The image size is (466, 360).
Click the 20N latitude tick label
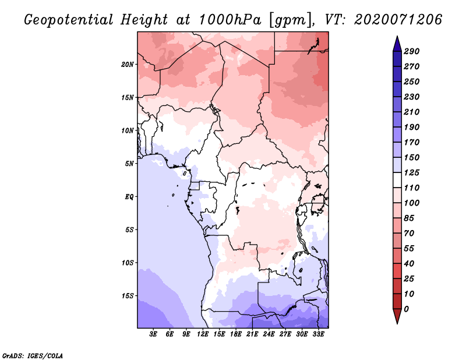(127, 65)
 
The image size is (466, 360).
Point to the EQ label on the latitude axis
(129, 197)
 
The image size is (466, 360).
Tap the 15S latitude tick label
(127, 296)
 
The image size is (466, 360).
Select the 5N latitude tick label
(129, 164)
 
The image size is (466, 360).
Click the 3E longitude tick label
(153, 334)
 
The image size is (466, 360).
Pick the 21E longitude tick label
(252, 334)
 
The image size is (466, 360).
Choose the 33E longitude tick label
(318, 334)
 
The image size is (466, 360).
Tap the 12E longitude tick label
(203, 334)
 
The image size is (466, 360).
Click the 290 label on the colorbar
(412, 51)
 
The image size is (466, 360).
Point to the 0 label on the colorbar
(406, 309)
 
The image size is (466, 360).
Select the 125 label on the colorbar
(412, 172)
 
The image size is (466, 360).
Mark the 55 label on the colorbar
(409, 249)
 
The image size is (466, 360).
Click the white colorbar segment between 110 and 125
(397, 180)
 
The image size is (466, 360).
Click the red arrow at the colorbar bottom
(397, 316)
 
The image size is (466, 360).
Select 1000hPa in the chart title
(230, 20)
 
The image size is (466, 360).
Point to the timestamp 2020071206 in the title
(398, 20)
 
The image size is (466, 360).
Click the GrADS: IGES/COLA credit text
(33, 356)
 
